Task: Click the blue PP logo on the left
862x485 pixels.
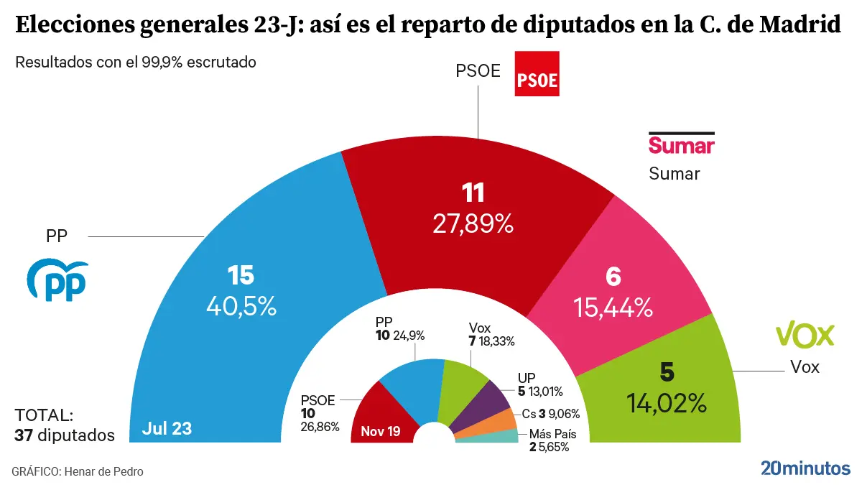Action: [x=57, y=280]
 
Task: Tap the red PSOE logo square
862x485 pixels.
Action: [x=537, y=73]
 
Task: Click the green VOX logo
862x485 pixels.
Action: [x=805, y=335]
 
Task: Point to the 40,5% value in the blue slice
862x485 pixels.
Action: [x=241, y=307]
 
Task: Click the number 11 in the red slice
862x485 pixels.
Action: [x=473, y=193]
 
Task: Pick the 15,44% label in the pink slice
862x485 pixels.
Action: [x=613, y=308]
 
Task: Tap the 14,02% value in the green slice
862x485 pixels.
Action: [x=667, y=403]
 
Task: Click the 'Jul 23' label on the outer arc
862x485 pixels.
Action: [x=167, y=429]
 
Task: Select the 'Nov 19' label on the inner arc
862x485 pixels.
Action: [x=381, y=432]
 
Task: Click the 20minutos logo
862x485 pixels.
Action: [x=805, y=468]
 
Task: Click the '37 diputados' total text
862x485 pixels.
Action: [x=65, y=435]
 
